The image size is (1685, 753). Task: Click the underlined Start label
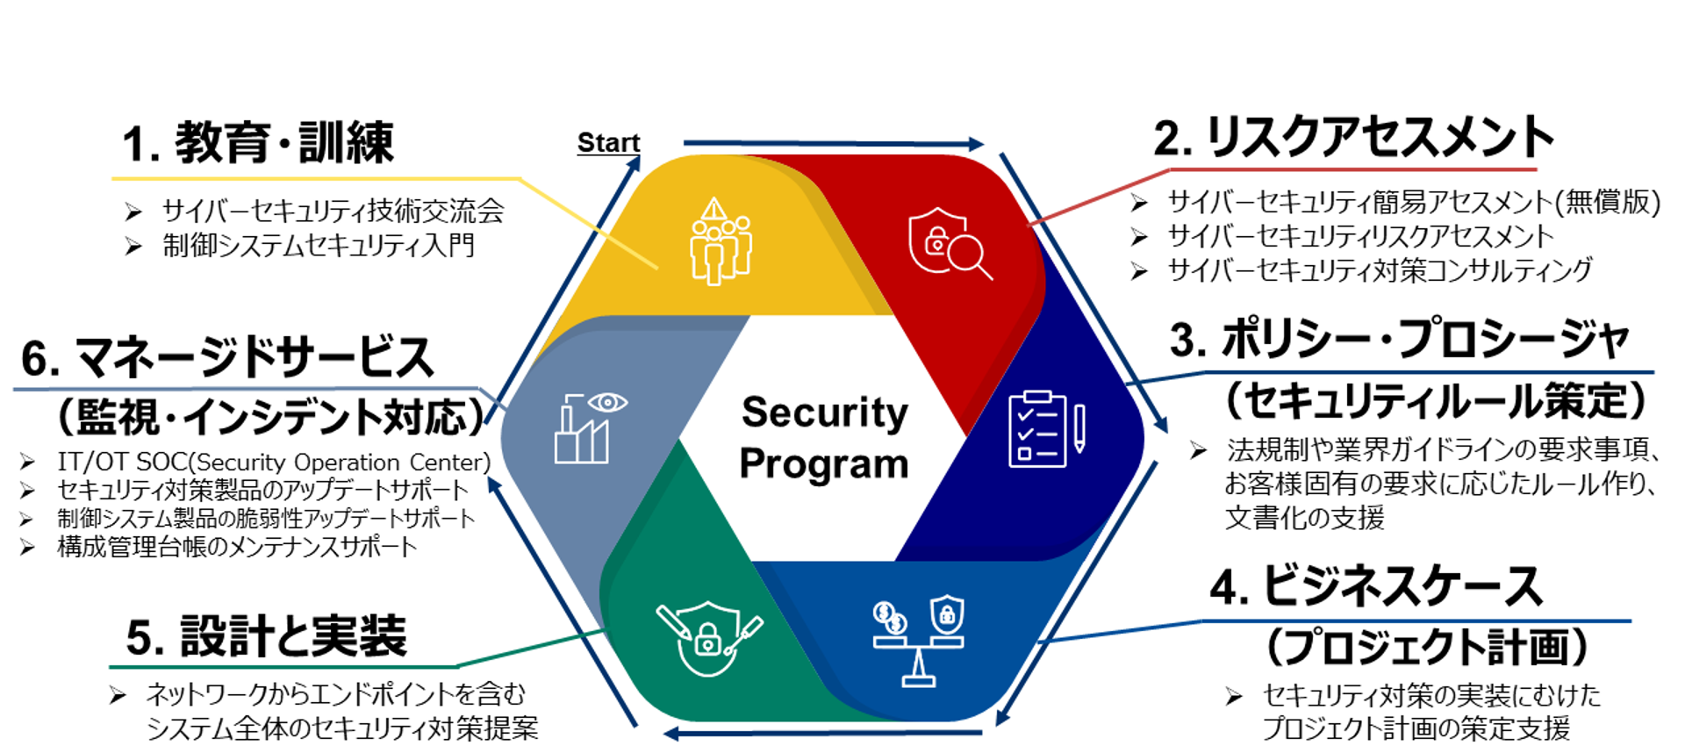click(608, 142)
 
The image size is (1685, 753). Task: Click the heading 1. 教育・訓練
click(258, 143)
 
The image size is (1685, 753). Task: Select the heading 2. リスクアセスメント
click(1354, 138)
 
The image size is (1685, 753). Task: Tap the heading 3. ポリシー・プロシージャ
click(1400, 340)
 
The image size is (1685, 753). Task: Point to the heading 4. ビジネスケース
click(1376, 586)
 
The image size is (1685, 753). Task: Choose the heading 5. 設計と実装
click(267, 636)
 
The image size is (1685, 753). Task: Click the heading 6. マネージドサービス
click(227, 358)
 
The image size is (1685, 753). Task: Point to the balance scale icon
click(919, 641)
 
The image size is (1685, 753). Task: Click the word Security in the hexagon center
click(825, 412)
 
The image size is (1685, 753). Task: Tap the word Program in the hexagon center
click(824, 464)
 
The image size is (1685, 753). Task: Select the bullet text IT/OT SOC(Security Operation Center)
click(274, 462)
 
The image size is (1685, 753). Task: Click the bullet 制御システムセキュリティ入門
click(319, 245)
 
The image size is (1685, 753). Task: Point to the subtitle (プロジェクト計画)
click(1428, 647)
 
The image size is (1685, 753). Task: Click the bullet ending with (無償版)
click(1414, 203)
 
